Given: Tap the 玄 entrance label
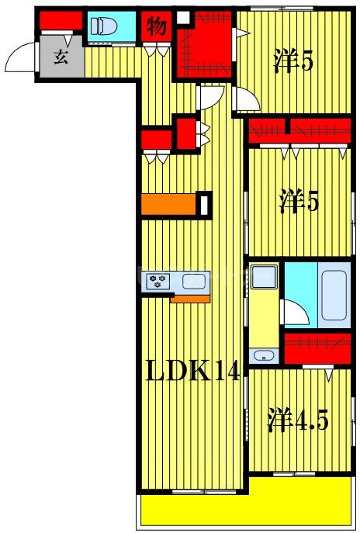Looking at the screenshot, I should (x=60, y=57).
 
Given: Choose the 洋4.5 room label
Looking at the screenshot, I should (x=298, y=421).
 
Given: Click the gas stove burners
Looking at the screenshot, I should (x=159, y=280).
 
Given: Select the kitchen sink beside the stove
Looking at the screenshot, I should (x=194, y=280).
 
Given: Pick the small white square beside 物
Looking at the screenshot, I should (x=182, y=16).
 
